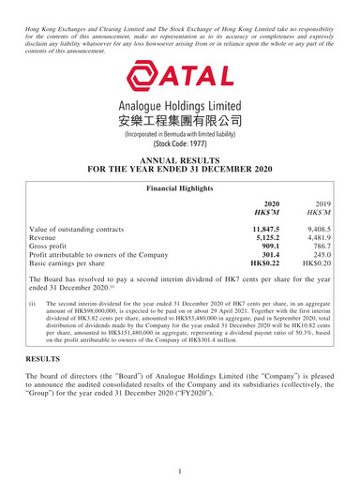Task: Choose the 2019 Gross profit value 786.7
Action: pos(327,277)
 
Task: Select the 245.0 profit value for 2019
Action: pos(327,290)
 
